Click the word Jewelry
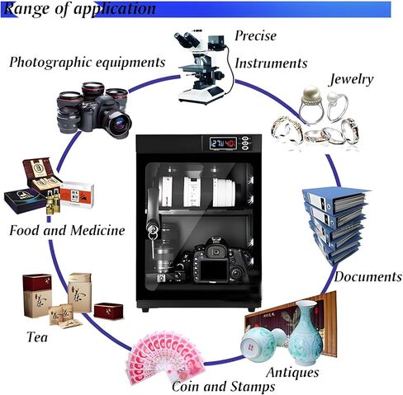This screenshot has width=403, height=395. [x=352, y=79]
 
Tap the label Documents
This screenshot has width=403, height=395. [x=368, y=276]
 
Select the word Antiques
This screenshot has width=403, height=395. [x=292, y=373]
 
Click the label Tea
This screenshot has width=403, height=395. [x=37, y=337]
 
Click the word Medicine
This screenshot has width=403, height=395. [x=97, y=230]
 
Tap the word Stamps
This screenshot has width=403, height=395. [x=253, y=387]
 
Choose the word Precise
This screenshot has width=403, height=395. [x=255, y=35]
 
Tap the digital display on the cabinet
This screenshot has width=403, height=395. [x=223, y=143]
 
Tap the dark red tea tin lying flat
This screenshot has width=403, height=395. [x=108, y=311]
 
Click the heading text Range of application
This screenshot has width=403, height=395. [x=80, y=9]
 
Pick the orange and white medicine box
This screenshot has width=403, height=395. [x=78, y=195]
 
